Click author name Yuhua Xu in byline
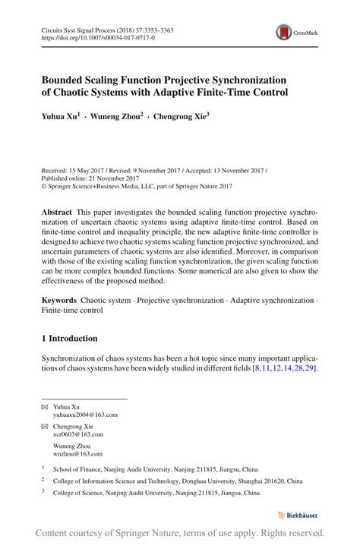61,118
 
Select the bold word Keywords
61,301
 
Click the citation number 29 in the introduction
310,368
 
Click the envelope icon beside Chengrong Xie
45,426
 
